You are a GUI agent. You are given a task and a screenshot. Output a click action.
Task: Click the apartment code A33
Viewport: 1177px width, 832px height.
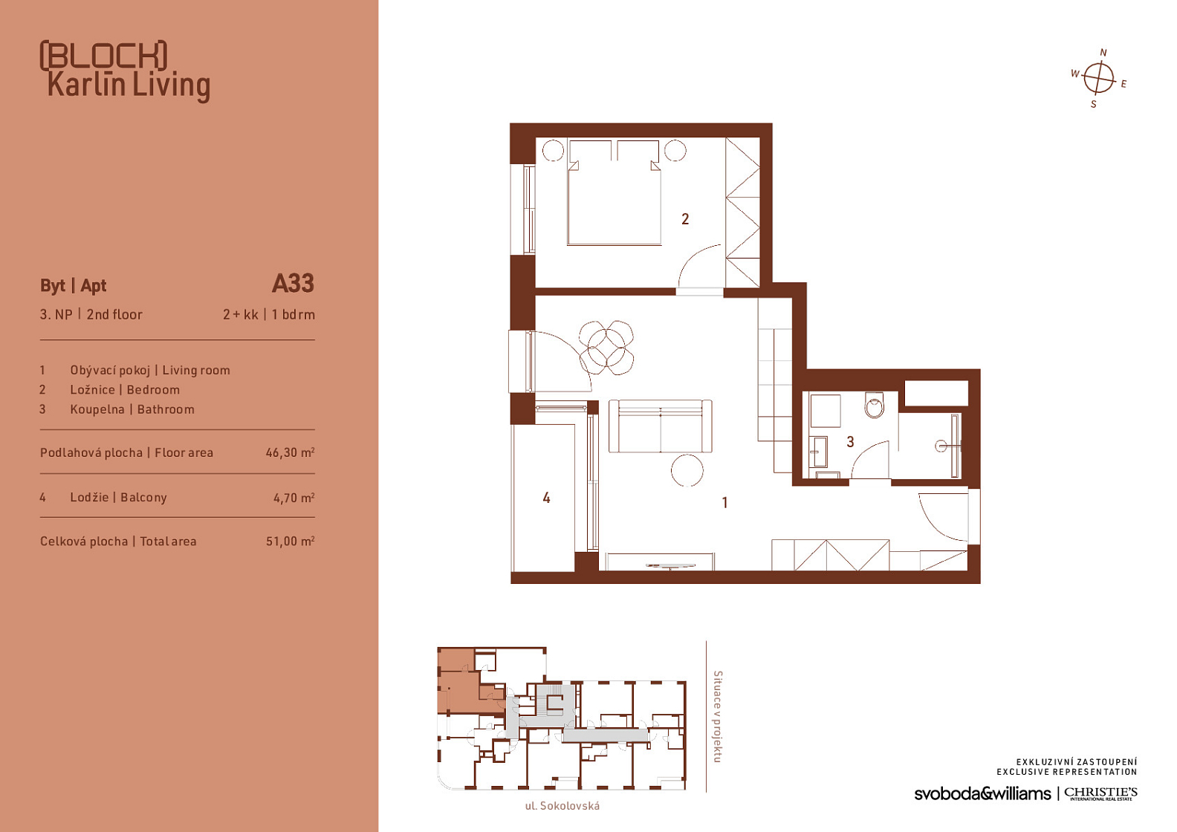(x=293, y=284)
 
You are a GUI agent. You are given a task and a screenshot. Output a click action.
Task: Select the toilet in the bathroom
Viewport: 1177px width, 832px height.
(x=875, y=405)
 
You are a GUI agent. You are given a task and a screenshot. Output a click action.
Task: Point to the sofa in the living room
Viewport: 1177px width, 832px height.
(x=661, y=426)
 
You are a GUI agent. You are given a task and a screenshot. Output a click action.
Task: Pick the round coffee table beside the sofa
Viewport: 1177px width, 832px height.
(x=687, y=470)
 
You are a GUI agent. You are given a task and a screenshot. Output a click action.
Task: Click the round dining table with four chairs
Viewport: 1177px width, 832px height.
(x=606, y=348)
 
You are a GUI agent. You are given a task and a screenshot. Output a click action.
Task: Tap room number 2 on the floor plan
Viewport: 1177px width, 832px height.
(x=685, y=219)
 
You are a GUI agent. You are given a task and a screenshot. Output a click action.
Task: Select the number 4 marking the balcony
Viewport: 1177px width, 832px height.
(x=546, y=498)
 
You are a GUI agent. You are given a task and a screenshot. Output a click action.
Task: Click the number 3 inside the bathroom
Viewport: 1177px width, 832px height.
(x=850, y=442)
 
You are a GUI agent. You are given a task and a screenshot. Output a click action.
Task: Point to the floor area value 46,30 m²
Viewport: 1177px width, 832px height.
(x=290, y=452)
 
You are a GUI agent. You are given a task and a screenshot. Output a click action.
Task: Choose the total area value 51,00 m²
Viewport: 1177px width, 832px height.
(x=290, y=541)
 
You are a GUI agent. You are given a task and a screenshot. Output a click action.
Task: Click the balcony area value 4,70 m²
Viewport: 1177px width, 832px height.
(x=294, y=498)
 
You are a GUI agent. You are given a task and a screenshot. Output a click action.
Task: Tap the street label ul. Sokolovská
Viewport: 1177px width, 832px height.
(x=562, y=806)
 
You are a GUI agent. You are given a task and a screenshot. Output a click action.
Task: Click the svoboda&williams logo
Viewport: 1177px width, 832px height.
(x=982, y=793)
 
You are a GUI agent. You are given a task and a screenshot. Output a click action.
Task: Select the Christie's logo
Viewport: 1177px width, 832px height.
(x=1100, y=793)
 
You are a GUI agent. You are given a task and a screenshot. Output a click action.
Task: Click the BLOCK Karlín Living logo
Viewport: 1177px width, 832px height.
(x=125, y=71)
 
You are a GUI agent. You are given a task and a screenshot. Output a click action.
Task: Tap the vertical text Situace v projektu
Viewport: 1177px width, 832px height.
(x=718, y=716)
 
